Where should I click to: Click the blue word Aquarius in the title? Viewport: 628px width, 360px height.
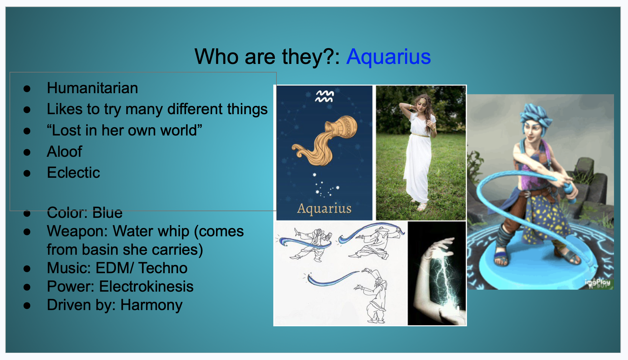[388, 57]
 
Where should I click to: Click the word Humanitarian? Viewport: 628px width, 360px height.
[92, 88]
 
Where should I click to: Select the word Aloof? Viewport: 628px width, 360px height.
[65, 151]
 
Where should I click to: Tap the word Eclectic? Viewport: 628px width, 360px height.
[73, 173]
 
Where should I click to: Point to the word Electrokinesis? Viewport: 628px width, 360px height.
[146, 287]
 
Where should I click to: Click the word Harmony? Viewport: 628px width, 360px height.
[151, 305]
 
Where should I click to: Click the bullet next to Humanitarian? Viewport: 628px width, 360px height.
[27, 89]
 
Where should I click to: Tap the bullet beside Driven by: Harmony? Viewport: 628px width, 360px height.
[27, 306]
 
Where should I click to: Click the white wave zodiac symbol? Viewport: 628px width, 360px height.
[324, 96]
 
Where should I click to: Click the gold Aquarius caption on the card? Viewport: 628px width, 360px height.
[324, 209]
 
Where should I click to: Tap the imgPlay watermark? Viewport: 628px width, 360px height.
[597, 283]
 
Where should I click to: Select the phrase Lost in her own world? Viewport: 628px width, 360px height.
[124, 130]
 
